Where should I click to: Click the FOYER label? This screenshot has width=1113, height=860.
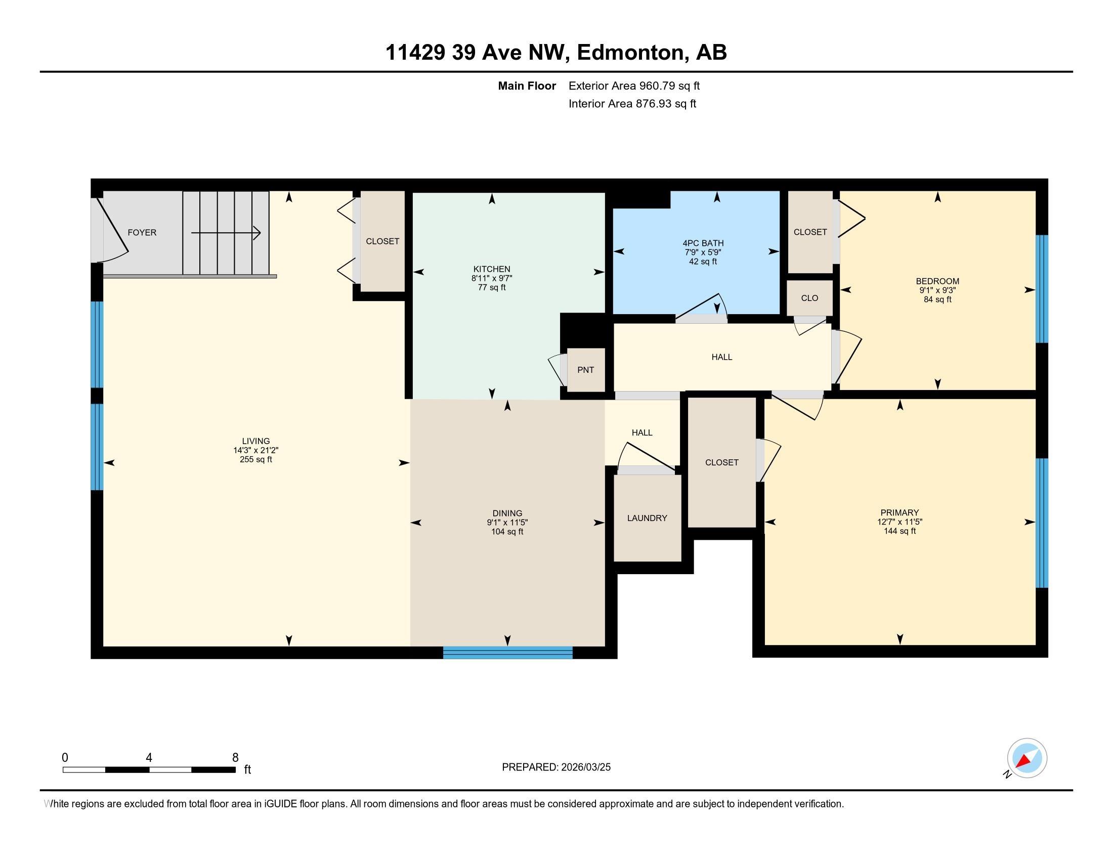click(x=142, y=232)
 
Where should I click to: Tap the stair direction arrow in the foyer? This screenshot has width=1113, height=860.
click(x=226, y=233)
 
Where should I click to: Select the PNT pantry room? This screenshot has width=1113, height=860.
click(x=585, y=370)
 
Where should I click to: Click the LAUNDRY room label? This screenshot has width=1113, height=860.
click(x=647, y=518)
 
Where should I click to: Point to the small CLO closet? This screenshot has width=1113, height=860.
click(x=809, y=298)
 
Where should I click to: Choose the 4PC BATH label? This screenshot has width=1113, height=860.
click(x=703, y=243)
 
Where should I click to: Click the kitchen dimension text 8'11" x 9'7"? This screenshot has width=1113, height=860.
click(x=492, y=278)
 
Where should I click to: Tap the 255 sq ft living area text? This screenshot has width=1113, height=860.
click(x=256, y=459)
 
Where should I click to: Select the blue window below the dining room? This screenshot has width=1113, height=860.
click(x=507, y=652)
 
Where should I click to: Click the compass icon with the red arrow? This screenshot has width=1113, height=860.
click(x=1027, y=758)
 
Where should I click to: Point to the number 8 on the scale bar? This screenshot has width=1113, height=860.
click(x=235, y=758)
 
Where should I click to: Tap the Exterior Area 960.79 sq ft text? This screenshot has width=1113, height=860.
click(x=634, y=85)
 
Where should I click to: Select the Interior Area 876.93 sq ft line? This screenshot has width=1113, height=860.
click(x=632, y=104)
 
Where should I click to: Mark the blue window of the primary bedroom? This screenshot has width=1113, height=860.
click(x=1042, y=523)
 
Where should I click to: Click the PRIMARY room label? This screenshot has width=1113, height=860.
click(x=900, y=512)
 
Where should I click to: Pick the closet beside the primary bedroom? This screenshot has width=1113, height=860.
click(x=721, y=462)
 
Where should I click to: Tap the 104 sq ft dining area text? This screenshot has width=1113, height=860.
click(x=507, y=532)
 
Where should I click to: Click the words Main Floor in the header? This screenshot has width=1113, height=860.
click(x=527, y=85)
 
